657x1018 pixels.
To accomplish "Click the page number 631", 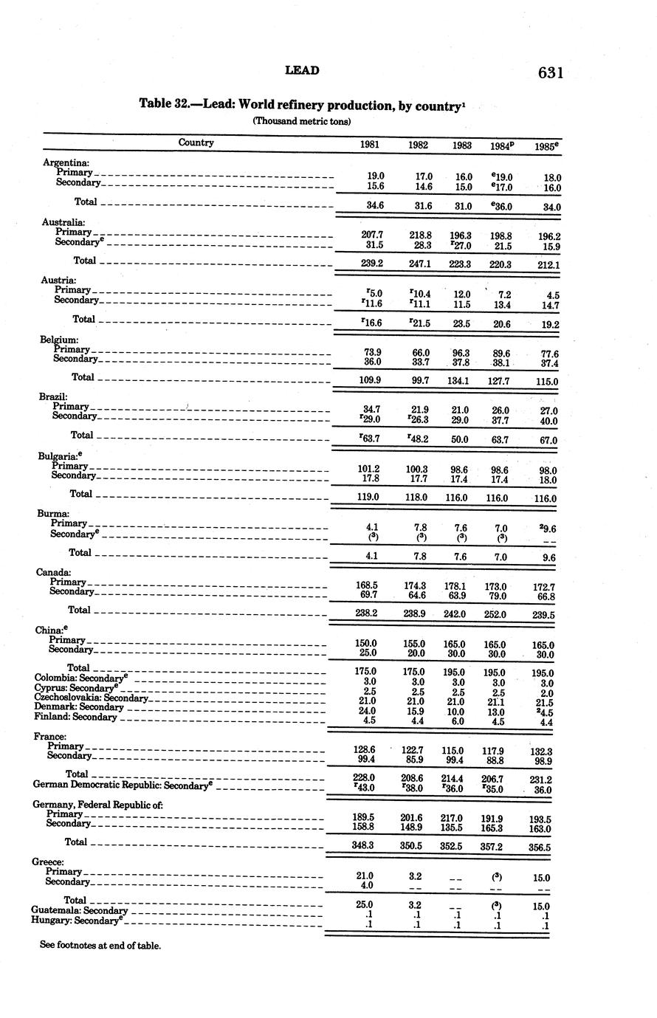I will [551, 72].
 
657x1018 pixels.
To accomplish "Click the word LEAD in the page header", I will [302, 70].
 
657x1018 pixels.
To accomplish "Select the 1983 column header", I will [462, 145].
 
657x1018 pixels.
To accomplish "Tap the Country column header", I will [196, 142].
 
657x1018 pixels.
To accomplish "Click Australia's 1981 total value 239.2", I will [370, 262].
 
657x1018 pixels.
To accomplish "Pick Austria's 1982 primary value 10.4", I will [419, 294].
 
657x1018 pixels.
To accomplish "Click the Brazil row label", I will [54, 396].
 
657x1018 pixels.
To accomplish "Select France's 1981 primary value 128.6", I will [365, 749].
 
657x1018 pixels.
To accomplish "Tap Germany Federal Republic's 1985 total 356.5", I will [540, 848].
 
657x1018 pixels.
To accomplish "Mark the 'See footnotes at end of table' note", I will [100, 945].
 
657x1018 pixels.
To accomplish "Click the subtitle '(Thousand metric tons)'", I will [302, 121].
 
